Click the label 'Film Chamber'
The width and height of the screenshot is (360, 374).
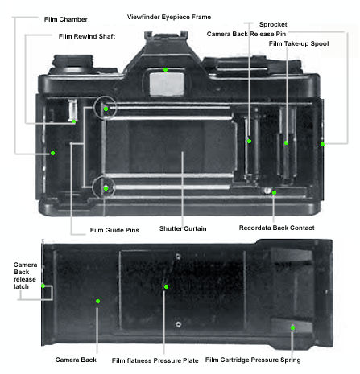click(x=66, y=19)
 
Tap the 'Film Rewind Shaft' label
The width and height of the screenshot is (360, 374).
click(x=87, y=36)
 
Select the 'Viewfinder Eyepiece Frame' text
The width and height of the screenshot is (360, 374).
click(x=169, y=17)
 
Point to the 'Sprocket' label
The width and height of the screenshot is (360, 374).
click(x=273, y=24)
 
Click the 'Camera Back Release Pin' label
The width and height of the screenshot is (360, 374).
click(x=246, y=34)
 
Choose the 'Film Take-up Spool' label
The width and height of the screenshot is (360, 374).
click(x=299, y=43)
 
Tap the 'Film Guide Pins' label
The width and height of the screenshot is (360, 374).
click(x=114, y=230)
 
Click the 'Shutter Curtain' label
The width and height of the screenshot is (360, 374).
click(x=183, y=228)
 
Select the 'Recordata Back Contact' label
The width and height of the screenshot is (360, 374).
click(x=277, y=228)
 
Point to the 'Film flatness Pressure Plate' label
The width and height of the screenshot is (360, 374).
click(x=155, y=360)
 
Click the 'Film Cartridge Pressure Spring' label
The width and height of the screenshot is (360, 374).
click(x=253, y=360)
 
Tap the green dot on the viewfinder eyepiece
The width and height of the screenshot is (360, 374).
click(x=166, y=70)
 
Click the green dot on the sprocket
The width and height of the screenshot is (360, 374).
click(x=250, y=141)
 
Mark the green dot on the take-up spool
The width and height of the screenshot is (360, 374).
click(x=286, y=143)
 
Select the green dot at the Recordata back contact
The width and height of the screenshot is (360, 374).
click(x=274, y=192)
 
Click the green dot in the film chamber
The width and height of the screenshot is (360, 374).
click(x=53, y=153)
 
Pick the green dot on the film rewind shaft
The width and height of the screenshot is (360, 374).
click(x=74, y=121)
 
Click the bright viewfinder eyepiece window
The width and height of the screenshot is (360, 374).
click(x=167, y=84)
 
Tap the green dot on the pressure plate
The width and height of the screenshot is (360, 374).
click(x=166, y=287)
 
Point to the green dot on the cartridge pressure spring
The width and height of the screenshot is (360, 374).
click(x=292, y=327)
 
